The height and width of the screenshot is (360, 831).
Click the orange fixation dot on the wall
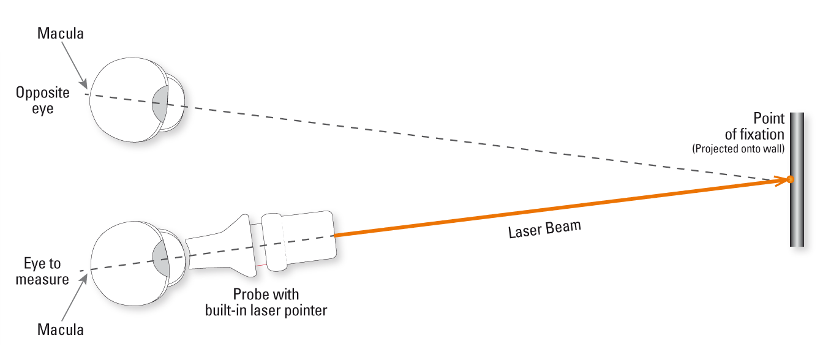[790, 179]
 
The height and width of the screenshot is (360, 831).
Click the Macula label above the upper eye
[60, 34]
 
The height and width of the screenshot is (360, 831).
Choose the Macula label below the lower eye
[60, 329]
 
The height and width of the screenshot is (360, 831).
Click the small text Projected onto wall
[738, 149]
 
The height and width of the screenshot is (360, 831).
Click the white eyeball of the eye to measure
[119, 263]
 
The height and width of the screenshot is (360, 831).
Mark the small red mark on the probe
[262, 264]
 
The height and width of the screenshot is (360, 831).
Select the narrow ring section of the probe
[273, 242]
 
